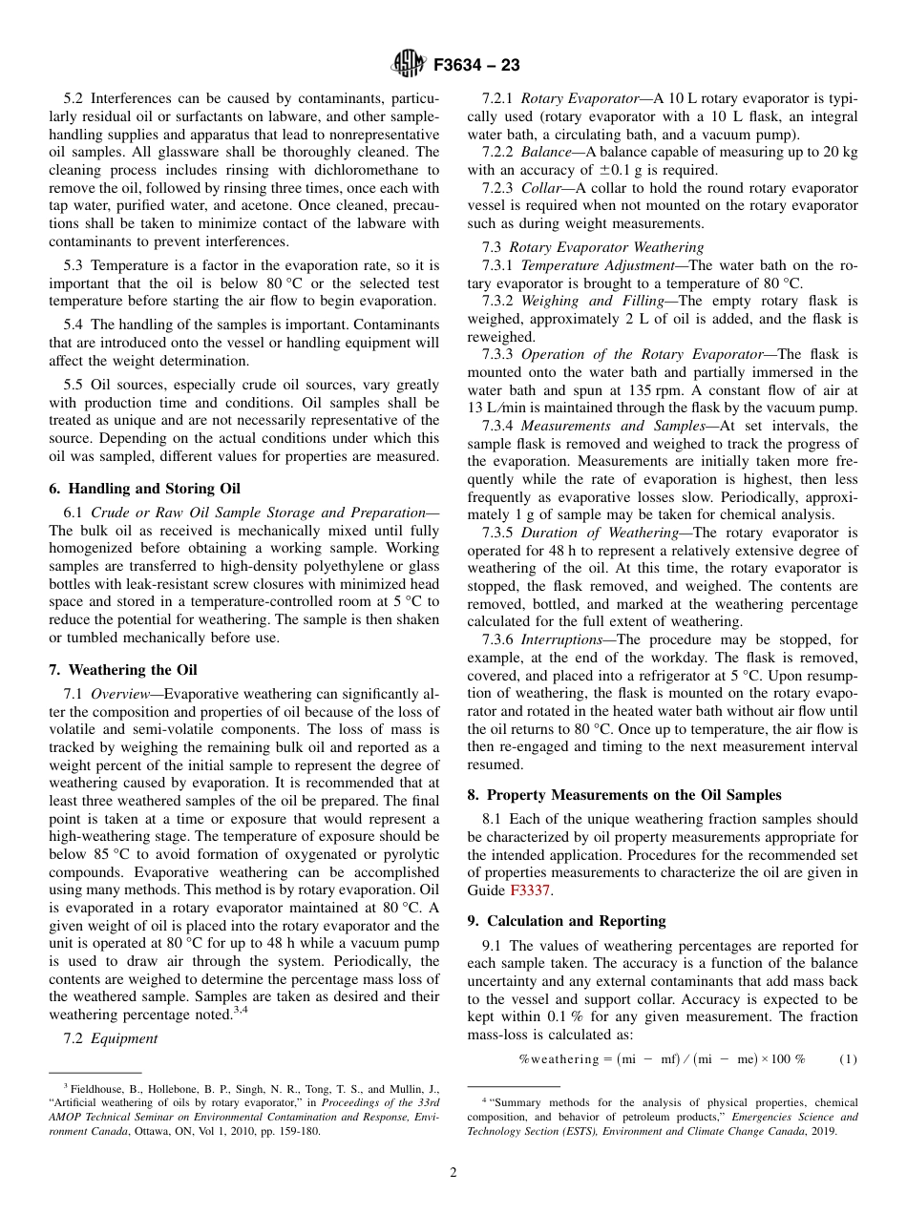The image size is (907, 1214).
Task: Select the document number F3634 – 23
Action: tap(476, 66)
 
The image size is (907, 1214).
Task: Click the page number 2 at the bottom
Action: tap(453, 1173)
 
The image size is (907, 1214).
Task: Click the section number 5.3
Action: tap(74, 265)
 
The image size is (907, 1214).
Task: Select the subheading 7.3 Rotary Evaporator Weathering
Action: tap(593, 247)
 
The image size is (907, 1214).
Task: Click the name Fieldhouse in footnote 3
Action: tap(100, 1088)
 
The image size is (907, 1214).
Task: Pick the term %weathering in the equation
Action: tap(557, 1059)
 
